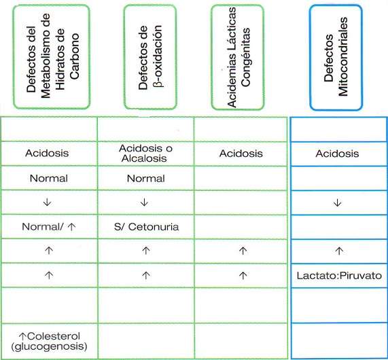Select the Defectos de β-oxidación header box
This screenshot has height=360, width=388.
click(150, 57)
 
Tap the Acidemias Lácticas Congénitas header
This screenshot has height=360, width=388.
click(238, 57)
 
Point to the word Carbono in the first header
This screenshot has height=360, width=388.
click(74, 56)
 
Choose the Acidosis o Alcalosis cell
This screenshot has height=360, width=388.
click(145, 153)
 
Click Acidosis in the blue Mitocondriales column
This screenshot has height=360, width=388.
click(337, 154)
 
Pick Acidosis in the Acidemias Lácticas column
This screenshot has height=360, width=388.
click(241, 154)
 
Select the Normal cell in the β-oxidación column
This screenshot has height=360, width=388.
click(145, 179)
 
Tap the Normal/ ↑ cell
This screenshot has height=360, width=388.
click(49, 227)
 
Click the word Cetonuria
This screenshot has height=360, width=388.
click(154, 227)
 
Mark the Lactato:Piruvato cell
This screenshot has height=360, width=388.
click(339, 276)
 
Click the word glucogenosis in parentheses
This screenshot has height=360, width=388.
click(49, 346)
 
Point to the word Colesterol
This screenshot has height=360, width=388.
click(54, 336)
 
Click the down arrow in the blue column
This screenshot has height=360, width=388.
click(338, 203)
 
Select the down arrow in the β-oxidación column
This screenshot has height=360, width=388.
click(144, 202)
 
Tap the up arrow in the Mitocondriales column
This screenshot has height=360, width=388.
click(339, 251)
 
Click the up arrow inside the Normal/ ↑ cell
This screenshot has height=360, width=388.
click(71, 227)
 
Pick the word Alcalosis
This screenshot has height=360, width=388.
click(144, 158)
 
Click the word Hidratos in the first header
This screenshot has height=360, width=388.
click(60, 59)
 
